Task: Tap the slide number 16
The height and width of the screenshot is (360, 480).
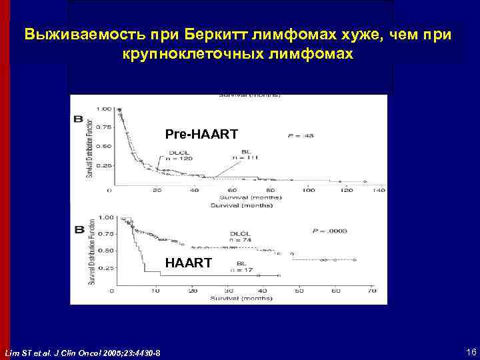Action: click(471, 351)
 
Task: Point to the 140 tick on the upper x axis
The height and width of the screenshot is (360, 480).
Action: click(379, 191)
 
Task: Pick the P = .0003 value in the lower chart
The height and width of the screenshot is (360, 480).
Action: click(329, 231)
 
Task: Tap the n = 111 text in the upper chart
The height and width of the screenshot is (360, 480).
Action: click(245, 157)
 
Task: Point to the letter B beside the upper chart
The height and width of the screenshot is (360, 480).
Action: click(77, 119)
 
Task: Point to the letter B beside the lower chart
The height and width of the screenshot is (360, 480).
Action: click(77, 229)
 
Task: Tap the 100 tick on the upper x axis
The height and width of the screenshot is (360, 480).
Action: click(309, 191)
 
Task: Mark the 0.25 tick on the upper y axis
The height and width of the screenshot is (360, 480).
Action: click(104, 165)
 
